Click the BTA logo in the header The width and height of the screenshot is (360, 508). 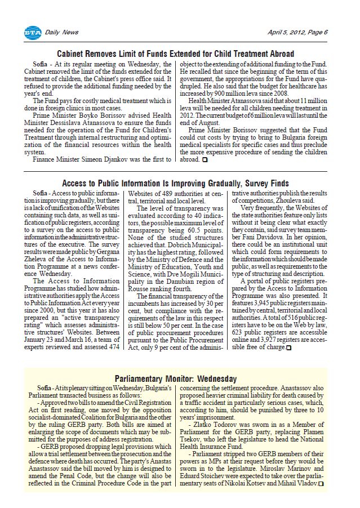pyautogui.click(x=33, y=33)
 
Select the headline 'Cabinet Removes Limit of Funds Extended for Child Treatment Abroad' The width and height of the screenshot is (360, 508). pyautogui.click(x=176, y=54)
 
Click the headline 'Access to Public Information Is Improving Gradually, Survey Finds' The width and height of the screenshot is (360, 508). pyautogui.click(x=175, y=184)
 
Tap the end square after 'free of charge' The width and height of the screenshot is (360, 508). pyautogui.click(x=289, y=348)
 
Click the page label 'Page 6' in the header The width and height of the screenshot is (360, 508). pyautogui.click(x=318, y=33)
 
